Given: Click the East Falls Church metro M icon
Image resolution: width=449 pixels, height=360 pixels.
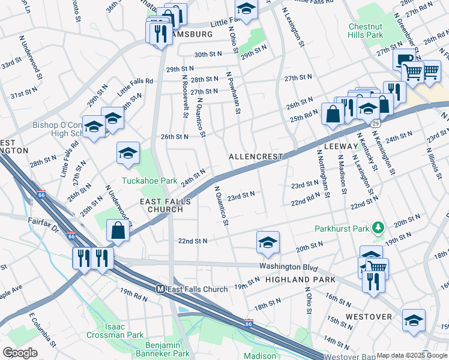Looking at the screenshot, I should (161, 289).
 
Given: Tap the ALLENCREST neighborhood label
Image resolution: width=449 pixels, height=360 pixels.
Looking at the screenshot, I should (256, 157).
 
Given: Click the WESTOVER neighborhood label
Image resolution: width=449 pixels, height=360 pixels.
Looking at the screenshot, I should (368, 317).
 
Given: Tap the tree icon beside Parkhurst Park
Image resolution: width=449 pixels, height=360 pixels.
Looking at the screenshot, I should (378, 228).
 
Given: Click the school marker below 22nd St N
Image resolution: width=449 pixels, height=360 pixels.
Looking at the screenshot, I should (268, 242).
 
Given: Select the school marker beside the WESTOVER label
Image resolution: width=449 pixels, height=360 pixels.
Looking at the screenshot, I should (414, 320).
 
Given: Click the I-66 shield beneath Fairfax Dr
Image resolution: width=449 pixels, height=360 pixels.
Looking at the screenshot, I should (70, 236).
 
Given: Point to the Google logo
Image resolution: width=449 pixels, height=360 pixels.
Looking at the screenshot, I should (20, 352).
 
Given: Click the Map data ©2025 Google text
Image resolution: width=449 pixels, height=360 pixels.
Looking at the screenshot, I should (412, 355).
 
